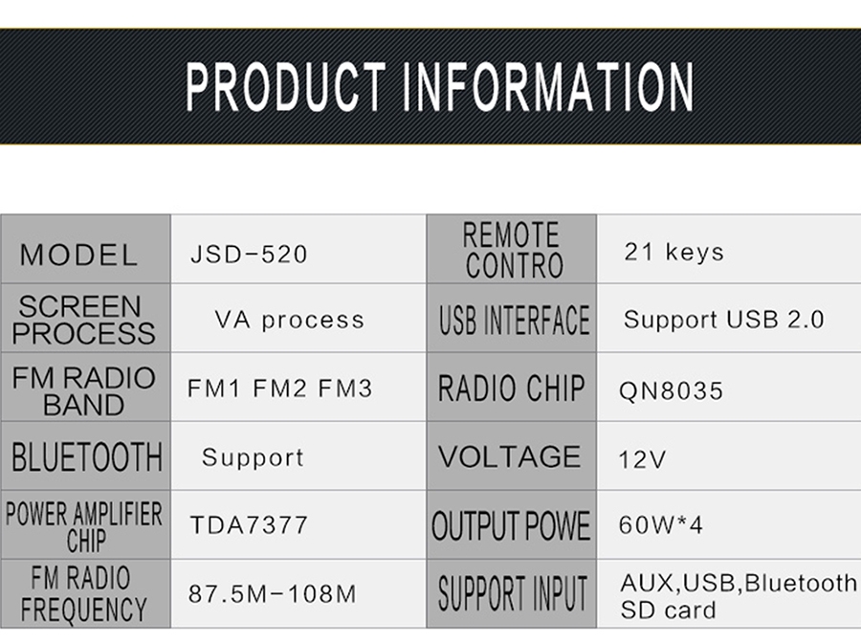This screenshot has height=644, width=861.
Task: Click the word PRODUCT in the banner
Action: [x=285, y=87]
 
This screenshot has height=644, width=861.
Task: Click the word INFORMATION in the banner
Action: [x=548, y=87]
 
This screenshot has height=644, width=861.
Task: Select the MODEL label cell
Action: [x=86, y=249]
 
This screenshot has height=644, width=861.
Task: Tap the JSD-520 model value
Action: [x=249, y=255]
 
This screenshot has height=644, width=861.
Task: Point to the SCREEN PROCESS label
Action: [x=83, y=320]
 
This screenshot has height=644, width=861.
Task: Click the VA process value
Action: [x=289, y=320]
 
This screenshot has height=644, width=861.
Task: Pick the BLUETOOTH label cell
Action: [x=86, y=456]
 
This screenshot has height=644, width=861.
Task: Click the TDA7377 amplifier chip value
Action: [x=249, y=524]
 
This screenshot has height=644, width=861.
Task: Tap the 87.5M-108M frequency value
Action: [x=273, y=593]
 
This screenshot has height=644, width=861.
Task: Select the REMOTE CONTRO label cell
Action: [x=512, y=249]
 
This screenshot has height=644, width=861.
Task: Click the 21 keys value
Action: [x=674, y=252]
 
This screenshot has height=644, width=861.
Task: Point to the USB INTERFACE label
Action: [x=514, y=320]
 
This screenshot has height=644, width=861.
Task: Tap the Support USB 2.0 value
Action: [x=724, y=320]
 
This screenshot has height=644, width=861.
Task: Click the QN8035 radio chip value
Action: [x=671, y=391]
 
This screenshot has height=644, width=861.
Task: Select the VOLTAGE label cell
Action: [x=512, y=456]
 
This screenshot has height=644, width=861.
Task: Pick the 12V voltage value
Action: [x=642, y=459]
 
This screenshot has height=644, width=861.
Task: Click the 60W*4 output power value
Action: [x=660, y=524]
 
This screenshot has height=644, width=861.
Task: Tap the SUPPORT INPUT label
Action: [x=513, y=593]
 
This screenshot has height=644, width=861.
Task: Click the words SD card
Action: [x=669, y=611]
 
